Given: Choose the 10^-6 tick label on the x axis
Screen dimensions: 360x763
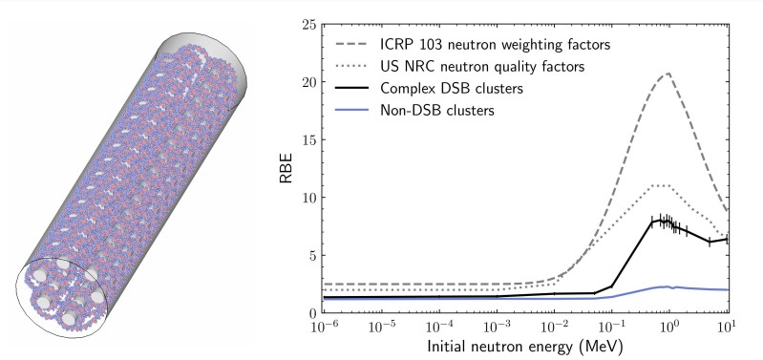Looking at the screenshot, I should tap(325, 328).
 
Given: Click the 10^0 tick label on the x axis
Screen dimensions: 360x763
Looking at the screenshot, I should tap(670, 328).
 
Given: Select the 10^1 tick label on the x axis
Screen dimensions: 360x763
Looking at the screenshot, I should tap(728, 328).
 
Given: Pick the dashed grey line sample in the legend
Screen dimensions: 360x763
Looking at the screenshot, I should tap(354, 44).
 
